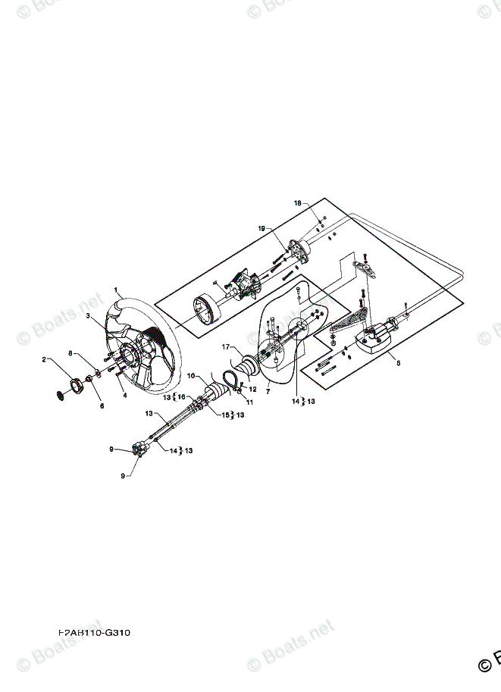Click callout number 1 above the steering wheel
pos(116,290)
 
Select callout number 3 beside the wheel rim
pos(89,315)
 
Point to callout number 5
pos(399,363)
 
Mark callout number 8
pos(71,353)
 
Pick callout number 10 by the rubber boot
pos(191,375)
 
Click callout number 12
pos(253,390)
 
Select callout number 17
pos(226,347)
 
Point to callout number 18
pos(298,203)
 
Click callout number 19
pos(261,228)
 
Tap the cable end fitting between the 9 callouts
pos(139,449)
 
